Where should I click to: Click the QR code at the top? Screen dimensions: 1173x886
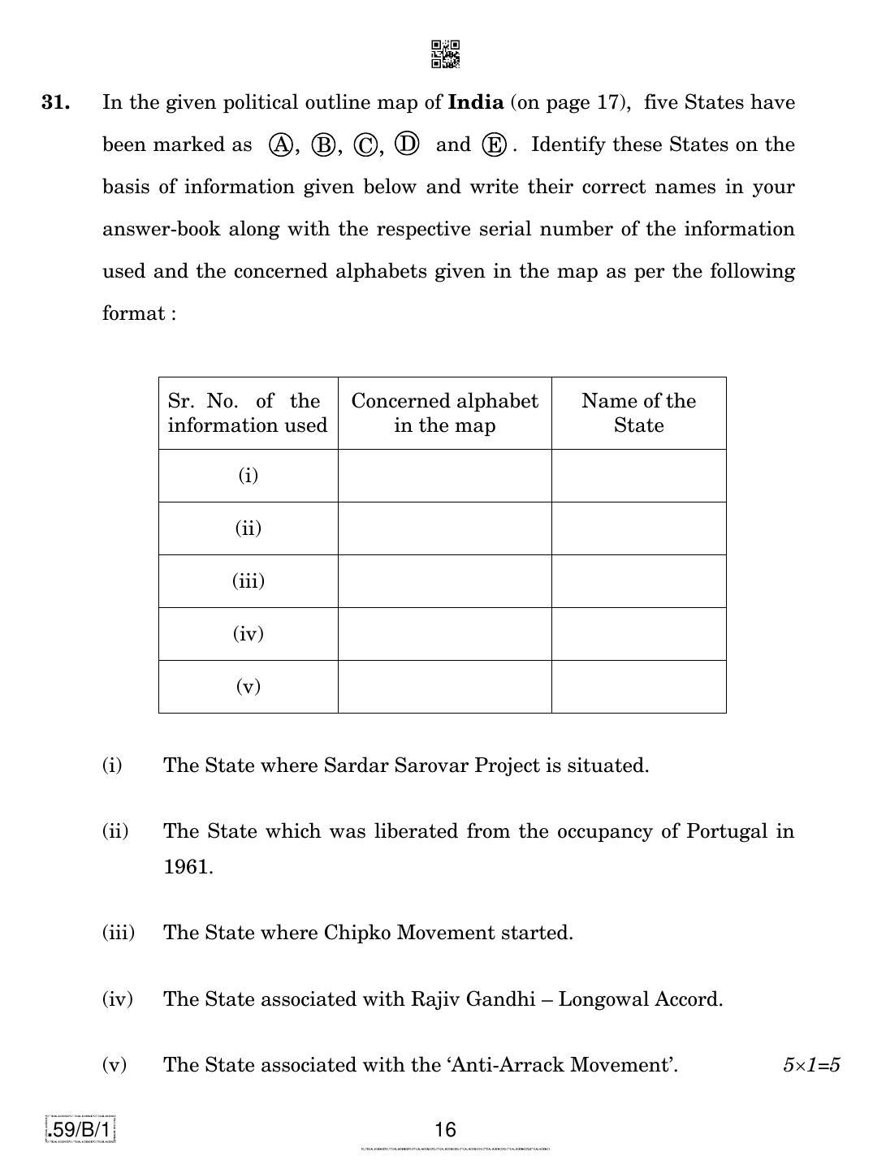(x=445, y=54)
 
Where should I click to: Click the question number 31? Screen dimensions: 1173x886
(x=56, y=103)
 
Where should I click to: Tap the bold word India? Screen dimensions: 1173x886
(x=476, y=103)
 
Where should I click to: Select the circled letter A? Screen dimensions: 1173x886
(x=281, y=145)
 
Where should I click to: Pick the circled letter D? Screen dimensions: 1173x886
(x=407, y=144)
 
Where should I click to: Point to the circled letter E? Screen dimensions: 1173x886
(x=494, y=145)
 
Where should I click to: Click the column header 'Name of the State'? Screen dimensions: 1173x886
(x=638, y=413)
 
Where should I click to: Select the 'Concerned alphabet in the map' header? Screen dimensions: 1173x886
(x=444, y=413)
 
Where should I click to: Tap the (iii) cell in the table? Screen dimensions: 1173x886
(x=248, y=581)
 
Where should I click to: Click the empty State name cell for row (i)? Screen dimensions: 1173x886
(x=638, y=476)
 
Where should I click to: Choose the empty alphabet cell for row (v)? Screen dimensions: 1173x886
(x=444, y=687)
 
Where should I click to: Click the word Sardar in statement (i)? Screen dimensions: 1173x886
(x=349, y=765)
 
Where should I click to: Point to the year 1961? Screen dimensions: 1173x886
(x=188, y=867)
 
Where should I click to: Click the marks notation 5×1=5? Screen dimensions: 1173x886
(x=810, y=1065)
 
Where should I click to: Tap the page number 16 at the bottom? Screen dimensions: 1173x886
(x=445, y=1130)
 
